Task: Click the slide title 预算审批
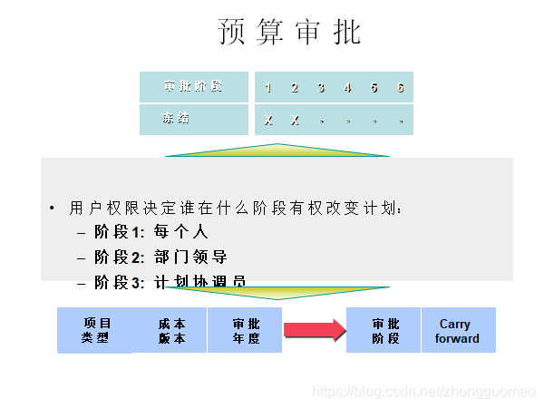pos(290,32)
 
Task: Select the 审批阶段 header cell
pos(192,87)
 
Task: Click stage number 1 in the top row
pos(268,88)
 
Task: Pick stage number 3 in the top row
pos(321,88)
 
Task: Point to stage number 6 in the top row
pos(400,88)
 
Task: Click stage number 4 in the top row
pos(347,88)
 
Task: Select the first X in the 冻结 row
pos(268,121)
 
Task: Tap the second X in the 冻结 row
pos(295,121)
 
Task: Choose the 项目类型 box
pos(95,330)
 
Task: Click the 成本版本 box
pos(170,330)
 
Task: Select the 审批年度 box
pos(245,330)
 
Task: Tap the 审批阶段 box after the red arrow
pos(384,330)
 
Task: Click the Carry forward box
pos(457,330)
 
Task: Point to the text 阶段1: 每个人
pos(151,232)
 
